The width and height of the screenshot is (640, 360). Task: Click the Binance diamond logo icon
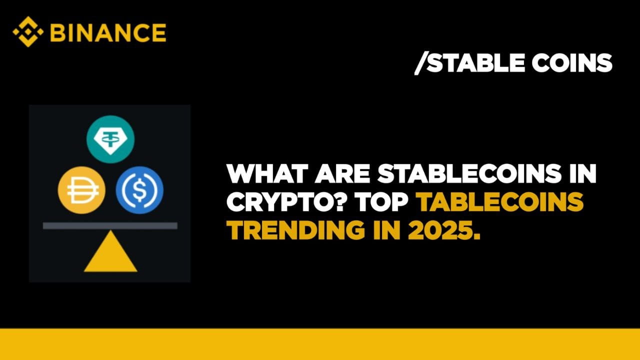28,31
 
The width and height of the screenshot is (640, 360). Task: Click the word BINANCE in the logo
108,32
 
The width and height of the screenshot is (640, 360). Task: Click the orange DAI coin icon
81,190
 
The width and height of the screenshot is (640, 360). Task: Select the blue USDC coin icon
139,190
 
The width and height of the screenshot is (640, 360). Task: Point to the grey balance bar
110,225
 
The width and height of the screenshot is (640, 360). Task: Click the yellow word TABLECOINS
500,202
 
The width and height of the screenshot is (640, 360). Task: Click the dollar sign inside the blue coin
139,190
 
